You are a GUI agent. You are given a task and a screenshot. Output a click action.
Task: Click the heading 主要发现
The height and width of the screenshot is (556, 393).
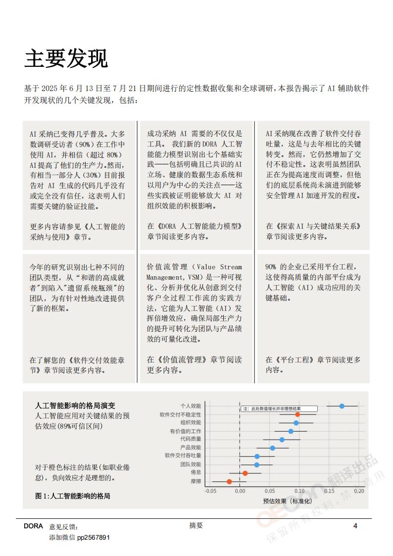66,59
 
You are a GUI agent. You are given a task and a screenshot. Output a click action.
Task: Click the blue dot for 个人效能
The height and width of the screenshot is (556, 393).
342,406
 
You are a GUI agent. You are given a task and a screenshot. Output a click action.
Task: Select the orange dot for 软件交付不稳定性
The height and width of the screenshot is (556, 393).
297,414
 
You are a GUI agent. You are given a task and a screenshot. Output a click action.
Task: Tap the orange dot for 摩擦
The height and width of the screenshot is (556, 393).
229,481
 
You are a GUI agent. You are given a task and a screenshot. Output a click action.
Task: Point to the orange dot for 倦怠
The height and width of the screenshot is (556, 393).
245,473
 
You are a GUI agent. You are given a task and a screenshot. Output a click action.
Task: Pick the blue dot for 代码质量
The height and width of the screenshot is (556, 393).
282,440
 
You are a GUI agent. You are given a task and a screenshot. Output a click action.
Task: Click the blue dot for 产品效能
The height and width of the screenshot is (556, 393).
273,448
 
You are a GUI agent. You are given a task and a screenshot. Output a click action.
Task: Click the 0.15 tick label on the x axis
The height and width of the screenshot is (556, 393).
330,492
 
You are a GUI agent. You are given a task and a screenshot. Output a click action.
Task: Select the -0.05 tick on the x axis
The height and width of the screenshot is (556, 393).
210,492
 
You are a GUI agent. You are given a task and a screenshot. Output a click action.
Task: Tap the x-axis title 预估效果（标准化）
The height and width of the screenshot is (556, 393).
288,501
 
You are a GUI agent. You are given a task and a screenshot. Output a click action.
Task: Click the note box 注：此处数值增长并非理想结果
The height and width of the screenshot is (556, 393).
279,409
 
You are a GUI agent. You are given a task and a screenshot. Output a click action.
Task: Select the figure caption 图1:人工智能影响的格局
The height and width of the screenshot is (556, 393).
72,495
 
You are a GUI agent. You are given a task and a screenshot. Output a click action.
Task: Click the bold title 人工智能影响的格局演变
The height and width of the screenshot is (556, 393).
76,406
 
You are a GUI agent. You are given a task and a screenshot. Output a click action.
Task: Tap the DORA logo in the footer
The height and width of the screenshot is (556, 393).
33,526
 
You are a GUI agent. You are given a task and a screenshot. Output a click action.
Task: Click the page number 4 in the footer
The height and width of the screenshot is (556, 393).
355,526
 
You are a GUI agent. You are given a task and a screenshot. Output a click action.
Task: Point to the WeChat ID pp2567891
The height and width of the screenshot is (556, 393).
93,537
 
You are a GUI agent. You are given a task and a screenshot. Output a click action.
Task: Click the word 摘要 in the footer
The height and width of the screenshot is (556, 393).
196,526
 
